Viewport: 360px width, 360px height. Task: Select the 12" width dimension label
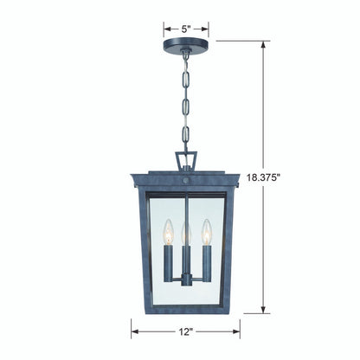click(x=186, y=331)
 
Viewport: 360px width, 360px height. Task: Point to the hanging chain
click(x=185, y=100)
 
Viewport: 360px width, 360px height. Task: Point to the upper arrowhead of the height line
click(x=263, y=45)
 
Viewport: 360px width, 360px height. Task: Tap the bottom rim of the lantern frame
click(x=185, y=309)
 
